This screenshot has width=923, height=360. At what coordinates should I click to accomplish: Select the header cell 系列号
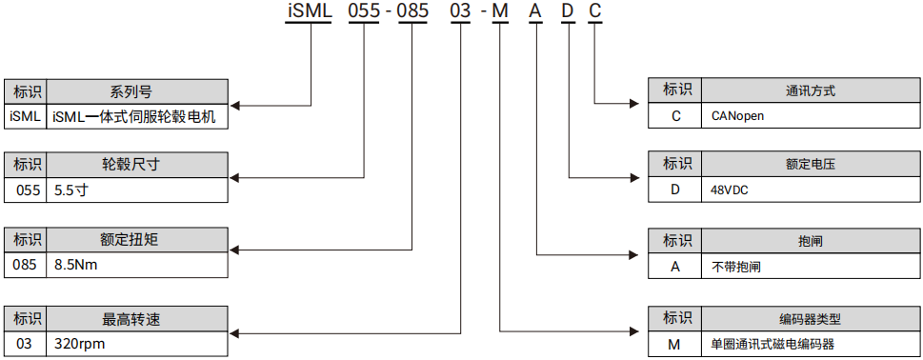(x=136, y=91)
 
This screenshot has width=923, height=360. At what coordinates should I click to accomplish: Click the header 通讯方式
(x=811, y=91)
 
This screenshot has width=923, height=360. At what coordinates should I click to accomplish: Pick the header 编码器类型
(x=811, y=318)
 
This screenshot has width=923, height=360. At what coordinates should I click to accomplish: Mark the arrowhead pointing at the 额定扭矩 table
(x=235, y=250)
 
